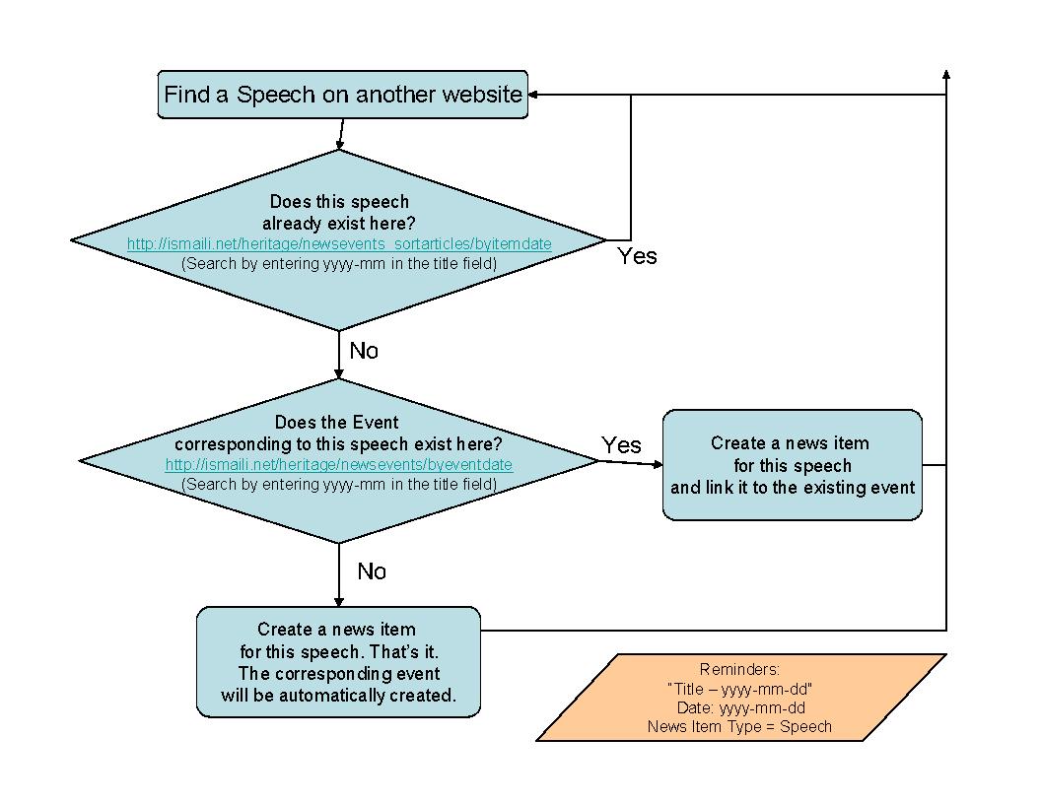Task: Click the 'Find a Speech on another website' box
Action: click(x=342, y=95)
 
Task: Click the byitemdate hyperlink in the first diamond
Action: click(x=339, y=243)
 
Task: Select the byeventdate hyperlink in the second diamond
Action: click(x=339, y=464)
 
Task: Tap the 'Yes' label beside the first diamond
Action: click(x=637, y=256)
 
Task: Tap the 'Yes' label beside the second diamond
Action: click(x=621, y=445)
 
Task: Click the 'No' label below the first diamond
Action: click(x=364, y=351)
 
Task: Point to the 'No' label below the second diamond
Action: click(x=372, y=571)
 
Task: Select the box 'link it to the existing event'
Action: click(x=793, y=465)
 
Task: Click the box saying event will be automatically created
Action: click(x=338, y=662)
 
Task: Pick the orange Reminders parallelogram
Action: click(x=740, y=697)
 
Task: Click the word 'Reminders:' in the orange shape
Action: click(x=739, y=669)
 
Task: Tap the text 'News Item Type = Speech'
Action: click(x=739, y=727)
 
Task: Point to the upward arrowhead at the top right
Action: click(x=946, y=75)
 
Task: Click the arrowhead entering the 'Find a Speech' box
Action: click(x=533, y=95)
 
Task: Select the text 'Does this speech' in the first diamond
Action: click(x=339, y=202)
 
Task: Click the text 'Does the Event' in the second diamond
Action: click(x=336, y=423)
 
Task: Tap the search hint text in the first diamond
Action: click(x=339, y=263)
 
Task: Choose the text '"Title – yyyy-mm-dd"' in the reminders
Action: click(x=739, y=689)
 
